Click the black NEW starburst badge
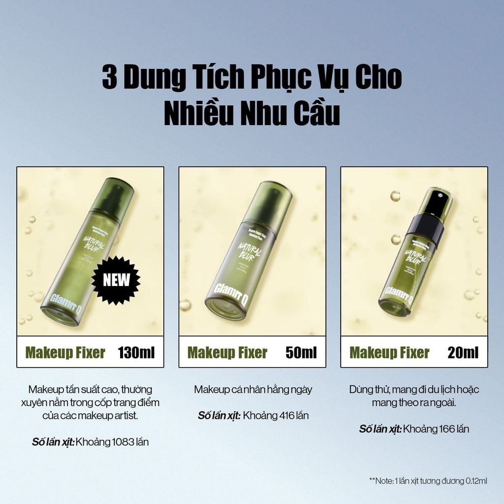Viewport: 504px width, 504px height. point(117,280)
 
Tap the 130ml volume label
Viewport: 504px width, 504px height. point(136,352)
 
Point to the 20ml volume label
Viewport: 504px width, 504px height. point(463,352)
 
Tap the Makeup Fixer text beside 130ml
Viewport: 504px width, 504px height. point(65,352)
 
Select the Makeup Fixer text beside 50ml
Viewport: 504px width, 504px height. point(227,352)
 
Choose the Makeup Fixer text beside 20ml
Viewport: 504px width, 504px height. point(389,352)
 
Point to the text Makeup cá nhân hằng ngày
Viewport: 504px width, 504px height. point(253,389)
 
